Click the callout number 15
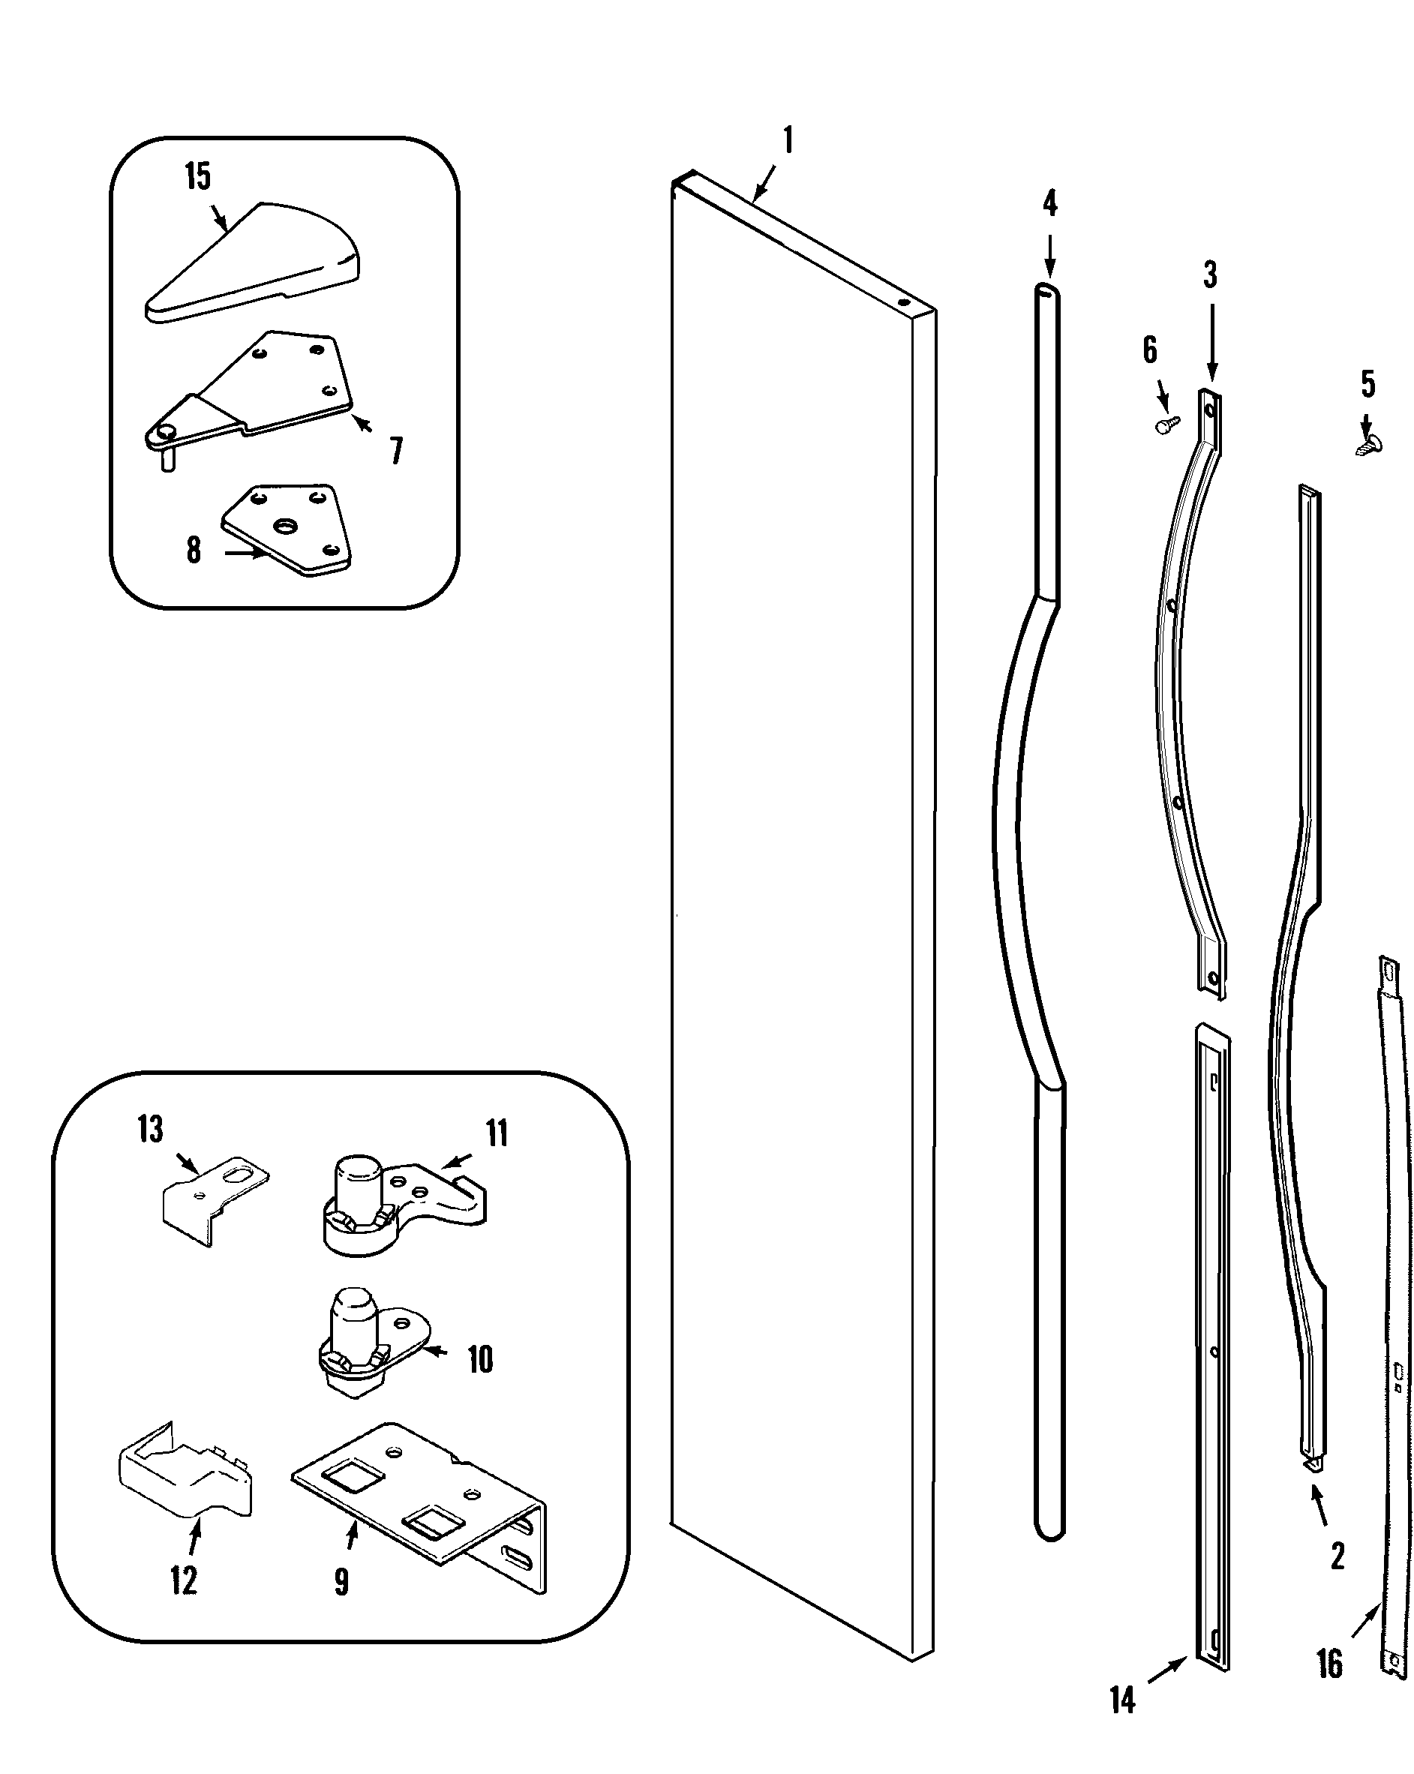(x=197, y=177)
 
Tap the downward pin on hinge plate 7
(x=168, y=459)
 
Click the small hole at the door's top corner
(x=904, y=302)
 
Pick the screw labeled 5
(x=1369, y=445)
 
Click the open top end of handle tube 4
(x=1047, y=289)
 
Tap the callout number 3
(x=1210, y=275)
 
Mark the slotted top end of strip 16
(x=1388, y=971)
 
